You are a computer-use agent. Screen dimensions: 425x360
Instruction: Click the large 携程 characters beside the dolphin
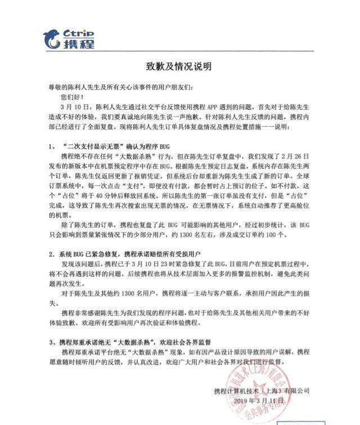coord(79,44)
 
